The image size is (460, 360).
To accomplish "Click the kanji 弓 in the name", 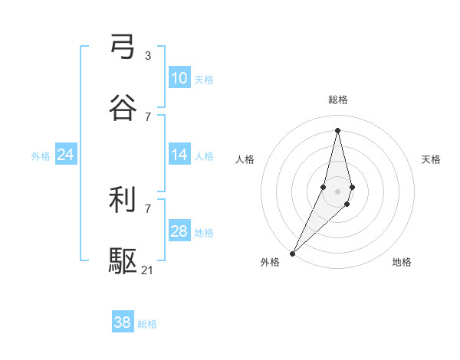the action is point(123,47).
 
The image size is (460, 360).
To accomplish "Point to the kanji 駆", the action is point(123,261).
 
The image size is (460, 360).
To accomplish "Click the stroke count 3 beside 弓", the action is point(148,55).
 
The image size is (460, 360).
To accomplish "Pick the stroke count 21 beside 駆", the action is point(148,270).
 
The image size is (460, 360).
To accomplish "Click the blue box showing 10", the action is point(179,78).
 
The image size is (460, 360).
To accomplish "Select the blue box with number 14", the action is point(179,155).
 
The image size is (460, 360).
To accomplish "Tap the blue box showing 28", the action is point(179,231).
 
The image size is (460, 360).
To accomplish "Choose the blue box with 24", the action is point(65,155).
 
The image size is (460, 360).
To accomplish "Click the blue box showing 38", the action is point(122,322).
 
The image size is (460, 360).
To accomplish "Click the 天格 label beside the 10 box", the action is point(204,79).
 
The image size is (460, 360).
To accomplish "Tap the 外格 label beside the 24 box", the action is point(41,155).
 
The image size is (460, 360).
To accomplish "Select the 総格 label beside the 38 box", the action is point(147,324).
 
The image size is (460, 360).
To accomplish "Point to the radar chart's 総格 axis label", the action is point(338,100).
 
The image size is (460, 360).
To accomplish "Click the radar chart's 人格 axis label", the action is point(245,159).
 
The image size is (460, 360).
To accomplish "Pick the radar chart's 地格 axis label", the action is point(402,262).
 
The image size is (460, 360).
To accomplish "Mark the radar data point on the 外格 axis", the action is point(293,253).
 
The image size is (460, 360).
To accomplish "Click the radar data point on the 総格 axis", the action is point(338,129).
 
